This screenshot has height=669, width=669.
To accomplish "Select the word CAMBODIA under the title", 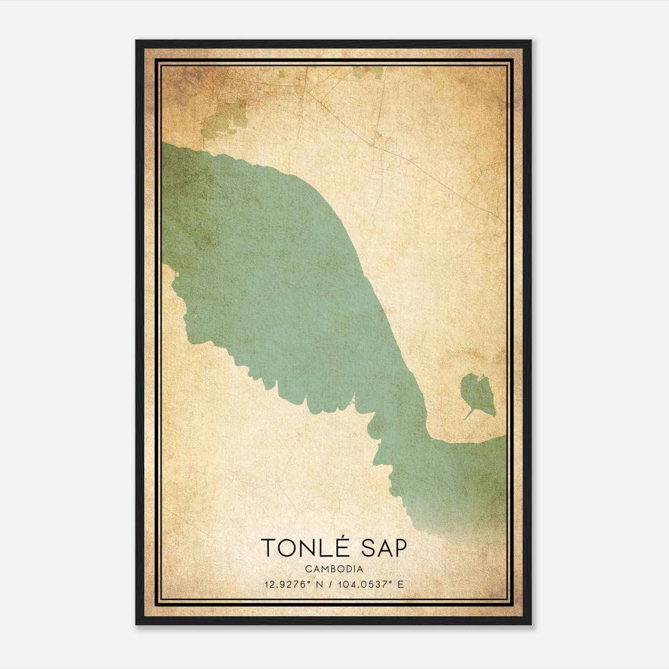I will tap(334, 569).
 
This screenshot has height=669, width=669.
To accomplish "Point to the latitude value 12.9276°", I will tap(286, 584).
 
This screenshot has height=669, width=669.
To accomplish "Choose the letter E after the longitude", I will tap(401, 584).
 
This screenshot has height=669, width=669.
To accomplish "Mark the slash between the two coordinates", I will tap(331, 584).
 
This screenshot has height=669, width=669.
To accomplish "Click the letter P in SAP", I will tap(399, 548).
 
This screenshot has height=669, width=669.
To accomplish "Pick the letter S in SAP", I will tap(368, 548).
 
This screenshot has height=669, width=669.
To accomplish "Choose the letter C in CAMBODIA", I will tap(308, 569).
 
